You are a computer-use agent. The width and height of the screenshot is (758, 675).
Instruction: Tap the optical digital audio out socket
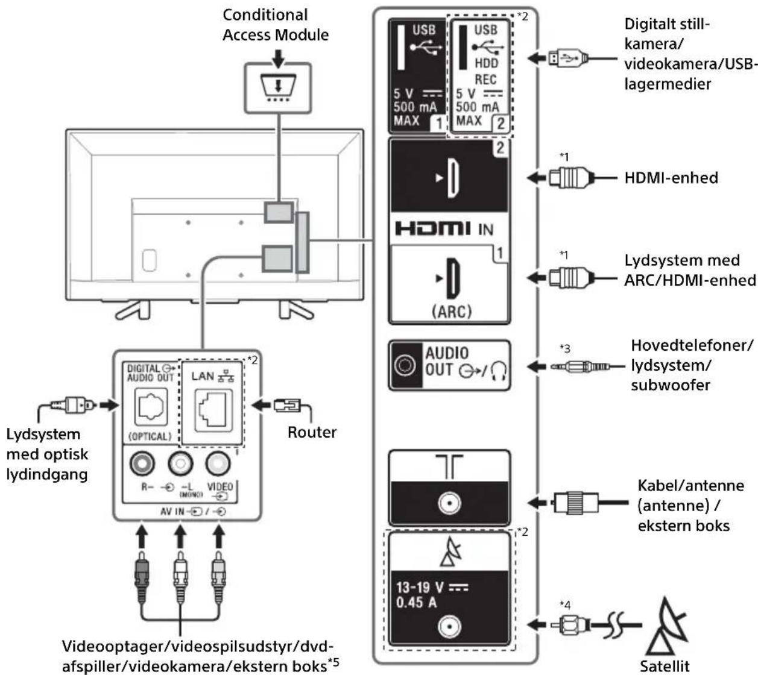[x=151, y=407]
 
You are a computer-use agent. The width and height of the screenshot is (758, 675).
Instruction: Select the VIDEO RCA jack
[x=218, y=463]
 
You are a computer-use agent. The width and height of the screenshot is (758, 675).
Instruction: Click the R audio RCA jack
[x=142, y=463]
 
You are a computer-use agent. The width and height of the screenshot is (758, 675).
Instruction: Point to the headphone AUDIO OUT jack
[x=405, y=365]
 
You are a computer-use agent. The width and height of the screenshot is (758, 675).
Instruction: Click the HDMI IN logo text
[x=444, y=229]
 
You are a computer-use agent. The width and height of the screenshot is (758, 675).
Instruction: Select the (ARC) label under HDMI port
[x=451, y=311]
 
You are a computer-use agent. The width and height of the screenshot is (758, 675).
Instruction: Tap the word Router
[x=312, y=432]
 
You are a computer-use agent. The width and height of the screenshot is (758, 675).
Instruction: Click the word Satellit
[x=665, y=666]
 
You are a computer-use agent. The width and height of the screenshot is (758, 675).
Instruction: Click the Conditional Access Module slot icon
[x=278, y=88]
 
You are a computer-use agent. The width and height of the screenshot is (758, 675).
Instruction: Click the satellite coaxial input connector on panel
[x=449, y=627]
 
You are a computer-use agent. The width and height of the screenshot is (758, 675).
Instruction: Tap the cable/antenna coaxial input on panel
[x=449, y=503]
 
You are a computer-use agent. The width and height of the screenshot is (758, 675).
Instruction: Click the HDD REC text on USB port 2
[x=485, y=71]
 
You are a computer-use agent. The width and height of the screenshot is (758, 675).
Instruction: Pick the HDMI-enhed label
[x=671, y=178]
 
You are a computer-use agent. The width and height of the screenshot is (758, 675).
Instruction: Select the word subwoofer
[x=671, y=385]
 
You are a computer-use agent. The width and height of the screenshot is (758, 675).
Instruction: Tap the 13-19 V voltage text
[x=420, y=588]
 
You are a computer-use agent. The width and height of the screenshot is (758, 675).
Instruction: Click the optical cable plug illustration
[x=74, y=404]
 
